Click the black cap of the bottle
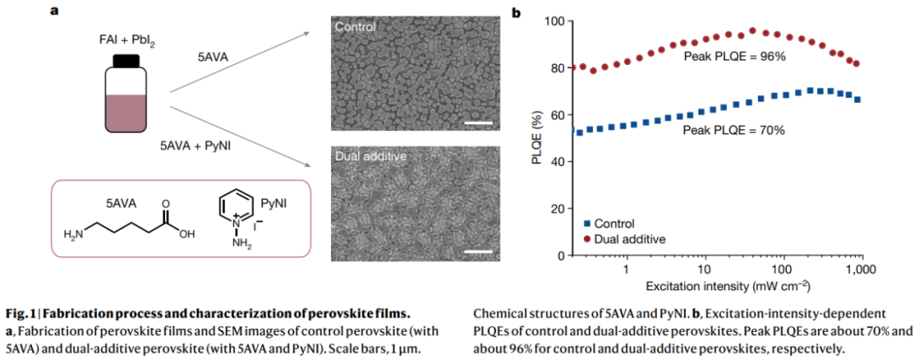[x=126, y=60]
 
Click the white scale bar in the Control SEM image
[x=479, y=123]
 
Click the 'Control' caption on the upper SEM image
[x=355, y=27]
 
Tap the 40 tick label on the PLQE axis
[x=556, y=161]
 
